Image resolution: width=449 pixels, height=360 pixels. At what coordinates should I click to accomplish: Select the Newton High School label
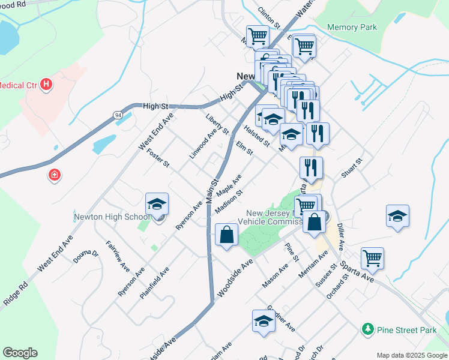[112, 217]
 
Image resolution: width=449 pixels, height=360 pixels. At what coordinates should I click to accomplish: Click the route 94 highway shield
[117, 114]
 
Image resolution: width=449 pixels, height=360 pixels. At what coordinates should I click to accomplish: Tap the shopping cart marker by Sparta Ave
[372, 258]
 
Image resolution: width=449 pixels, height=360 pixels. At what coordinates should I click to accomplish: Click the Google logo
[20, 353]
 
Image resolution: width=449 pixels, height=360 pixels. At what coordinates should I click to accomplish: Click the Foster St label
[158, 158]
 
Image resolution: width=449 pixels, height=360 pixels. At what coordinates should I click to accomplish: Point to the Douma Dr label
[86, 256]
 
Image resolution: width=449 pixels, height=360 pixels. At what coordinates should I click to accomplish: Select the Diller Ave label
[340, 237]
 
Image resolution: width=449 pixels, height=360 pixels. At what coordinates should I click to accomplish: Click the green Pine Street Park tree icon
[367, 329]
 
